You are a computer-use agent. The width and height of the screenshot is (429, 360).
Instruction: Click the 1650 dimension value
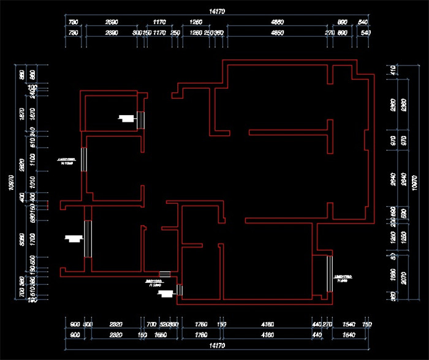tap(161, 336)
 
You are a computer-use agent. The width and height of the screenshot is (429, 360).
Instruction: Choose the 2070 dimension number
tap(416, 279)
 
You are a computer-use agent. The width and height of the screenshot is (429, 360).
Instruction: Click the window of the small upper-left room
tap(141, 120)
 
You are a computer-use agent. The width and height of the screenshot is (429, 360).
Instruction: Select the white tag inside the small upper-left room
tap(127, 118)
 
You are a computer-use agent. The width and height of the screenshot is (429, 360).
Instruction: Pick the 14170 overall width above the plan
tap(216, 12)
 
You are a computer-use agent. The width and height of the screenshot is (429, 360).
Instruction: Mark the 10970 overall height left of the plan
tap(10, 182)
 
